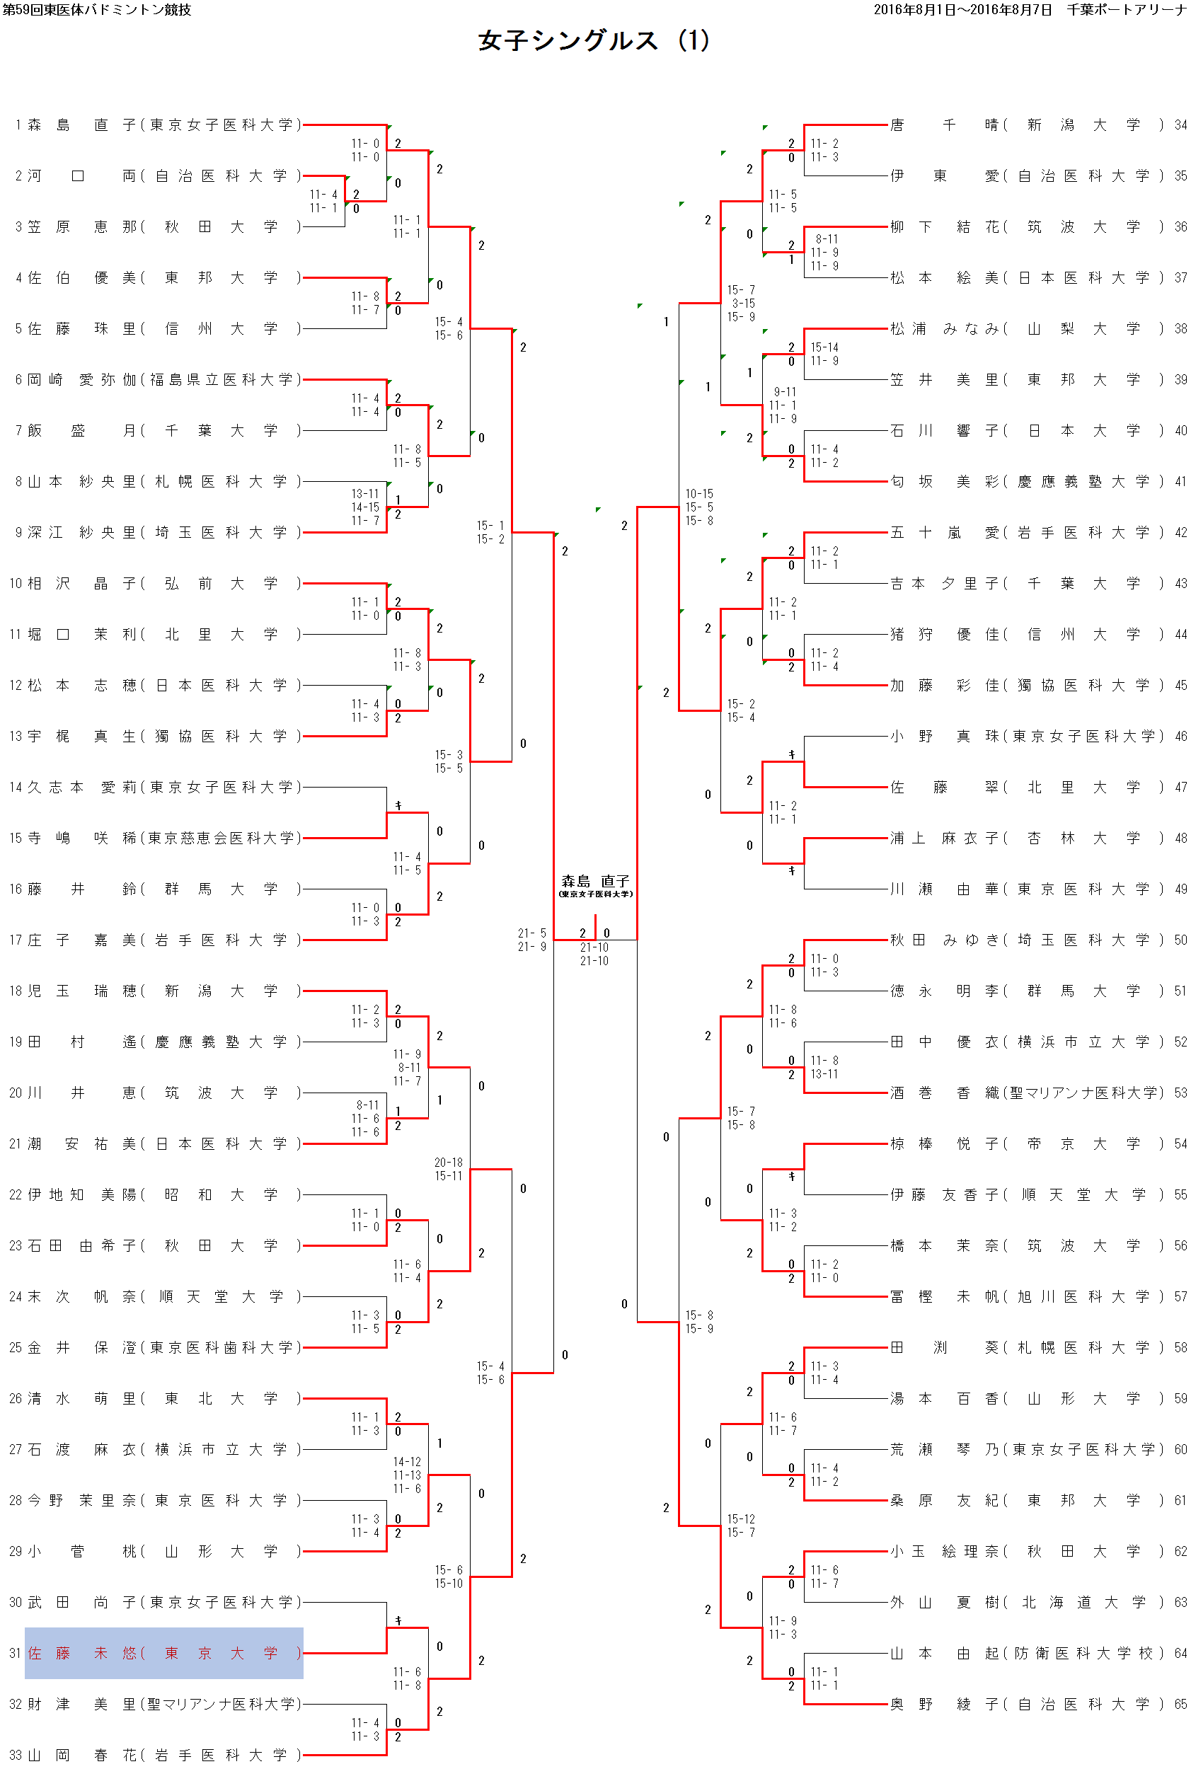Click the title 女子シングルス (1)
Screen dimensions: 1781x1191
(x=593, y=40)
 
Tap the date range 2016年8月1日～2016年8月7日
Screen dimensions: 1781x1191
(x=962, y=10)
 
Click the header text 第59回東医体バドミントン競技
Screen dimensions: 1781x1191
(x=97, y=10)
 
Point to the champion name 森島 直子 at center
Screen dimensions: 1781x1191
(x=596, y=881)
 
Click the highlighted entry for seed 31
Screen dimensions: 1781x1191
(x=164, y=1653)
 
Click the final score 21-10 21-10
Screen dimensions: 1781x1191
(x=594, y=954)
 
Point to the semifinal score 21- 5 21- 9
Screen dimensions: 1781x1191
(x=531, y=940)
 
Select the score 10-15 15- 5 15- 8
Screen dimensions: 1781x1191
(x=698, y=507)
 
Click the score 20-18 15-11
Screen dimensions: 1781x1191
(x=448, y=1169)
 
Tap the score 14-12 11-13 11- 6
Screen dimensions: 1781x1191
(x=406, y=1475)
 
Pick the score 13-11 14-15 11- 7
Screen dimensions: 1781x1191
(x=365, y=507)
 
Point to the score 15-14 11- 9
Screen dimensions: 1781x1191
(x=824, y=354)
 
